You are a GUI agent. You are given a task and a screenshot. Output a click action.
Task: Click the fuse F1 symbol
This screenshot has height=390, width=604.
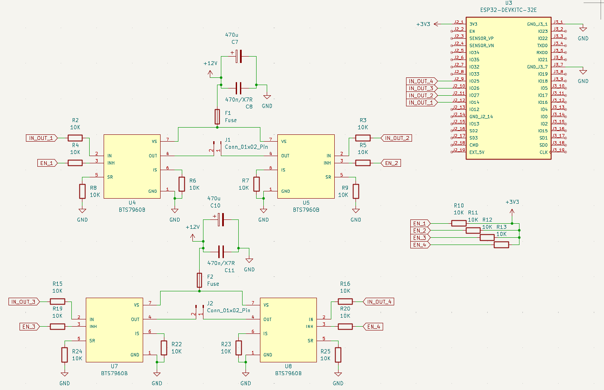tap(217, 117)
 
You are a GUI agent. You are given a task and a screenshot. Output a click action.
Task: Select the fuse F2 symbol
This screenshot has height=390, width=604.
tap(199, 280)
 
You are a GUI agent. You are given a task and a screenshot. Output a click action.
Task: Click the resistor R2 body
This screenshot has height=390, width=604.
tap(75, 138)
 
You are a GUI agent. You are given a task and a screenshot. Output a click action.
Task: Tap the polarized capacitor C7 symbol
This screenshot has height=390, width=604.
tap(239, 57)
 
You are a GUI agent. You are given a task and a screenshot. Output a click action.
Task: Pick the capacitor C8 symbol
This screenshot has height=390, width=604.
tap(239, 88)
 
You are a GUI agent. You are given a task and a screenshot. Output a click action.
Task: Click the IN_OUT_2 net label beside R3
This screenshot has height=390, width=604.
tap(396, 138)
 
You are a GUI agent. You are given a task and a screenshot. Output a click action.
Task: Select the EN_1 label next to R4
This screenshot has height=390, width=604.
tap(47, 163)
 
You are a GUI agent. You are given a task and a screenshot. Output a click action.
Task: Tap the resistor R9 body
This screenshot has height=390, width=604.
tap(356, 191)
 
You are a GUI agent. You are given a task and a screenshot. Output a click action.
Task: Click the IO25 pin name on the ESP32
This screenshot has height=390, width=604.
tap(474, 81)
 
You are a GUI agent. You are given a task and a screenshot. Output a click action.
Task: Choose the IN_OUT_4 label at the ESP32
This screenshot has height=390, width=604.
tap(421, 81)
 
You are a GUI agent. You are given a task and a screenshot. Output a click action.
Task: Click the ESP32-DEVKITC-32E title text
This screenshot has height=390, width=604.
tap(508, 10)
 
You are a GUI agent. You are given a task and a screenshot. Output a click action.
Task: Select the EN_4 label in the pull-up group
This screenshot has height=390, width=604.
tap(420, 245)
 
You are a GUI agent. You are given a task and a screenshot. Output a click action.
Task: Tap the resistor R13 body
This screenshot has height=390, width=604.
tap(501, 245)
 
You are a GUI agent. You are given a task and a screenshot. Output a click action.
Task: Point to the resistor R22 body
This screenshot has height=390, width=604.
tap(164, 347)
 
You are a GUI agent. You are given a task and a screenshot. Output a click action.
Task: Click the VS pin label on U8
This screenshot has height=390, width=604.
tap(266, 305)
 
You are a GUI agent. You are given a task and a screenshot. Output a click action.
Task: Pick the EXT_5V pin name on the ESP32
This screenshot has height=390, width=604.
tap(477, 152)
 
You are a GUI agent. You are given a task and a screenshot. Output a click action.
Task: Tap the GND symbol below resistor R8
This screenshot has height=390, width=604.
tap(82, 211)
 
